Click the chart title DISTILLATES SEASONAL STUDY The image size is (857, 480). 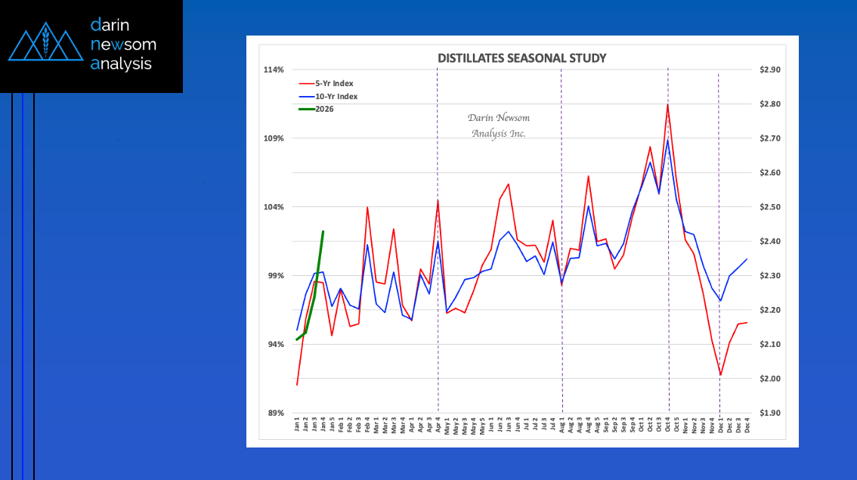point(522,58)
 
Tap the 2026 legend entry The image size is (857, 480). point(324,109)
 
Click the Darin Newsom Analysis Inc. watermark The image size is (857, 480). point(498,125)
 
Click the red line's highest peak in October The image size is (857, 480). point(667,104)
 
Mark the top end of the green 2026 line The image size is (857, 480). point(323,231)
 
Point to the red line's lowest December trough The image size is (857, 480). point(721,375)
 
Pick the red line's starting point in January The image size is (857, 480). point(297,385)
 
